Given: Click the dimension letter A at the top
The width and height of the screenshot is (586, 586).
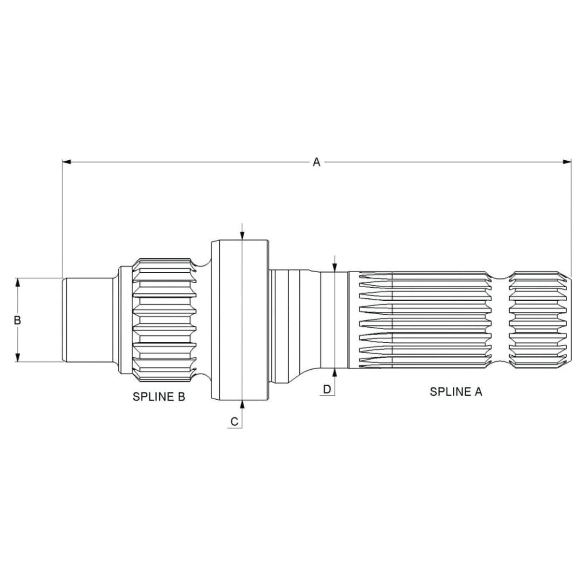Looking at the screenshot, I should tap(316, 162).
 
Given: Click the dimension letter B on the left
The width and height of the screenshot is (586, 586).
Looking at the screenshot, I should tap(17, 320).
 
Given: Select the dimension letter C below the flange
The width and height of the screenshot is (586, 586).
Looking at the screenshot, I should tap(234, 421).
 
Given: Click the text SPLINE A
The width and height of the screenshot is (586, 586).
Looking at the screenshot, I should tap(456, 391).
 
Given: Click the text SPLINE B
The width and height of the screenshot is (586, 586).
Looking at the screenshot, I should tap(159, 397).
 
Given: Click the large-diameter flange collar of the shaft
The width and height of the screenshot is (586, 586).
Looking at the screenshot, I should tap(239, 320).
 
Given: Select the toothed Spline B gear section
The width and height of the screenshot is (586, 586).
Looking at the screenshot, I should tap(164, 320).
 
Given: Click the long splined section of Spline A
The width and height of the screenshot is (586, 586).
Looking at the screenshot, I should tap(425, 320).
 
